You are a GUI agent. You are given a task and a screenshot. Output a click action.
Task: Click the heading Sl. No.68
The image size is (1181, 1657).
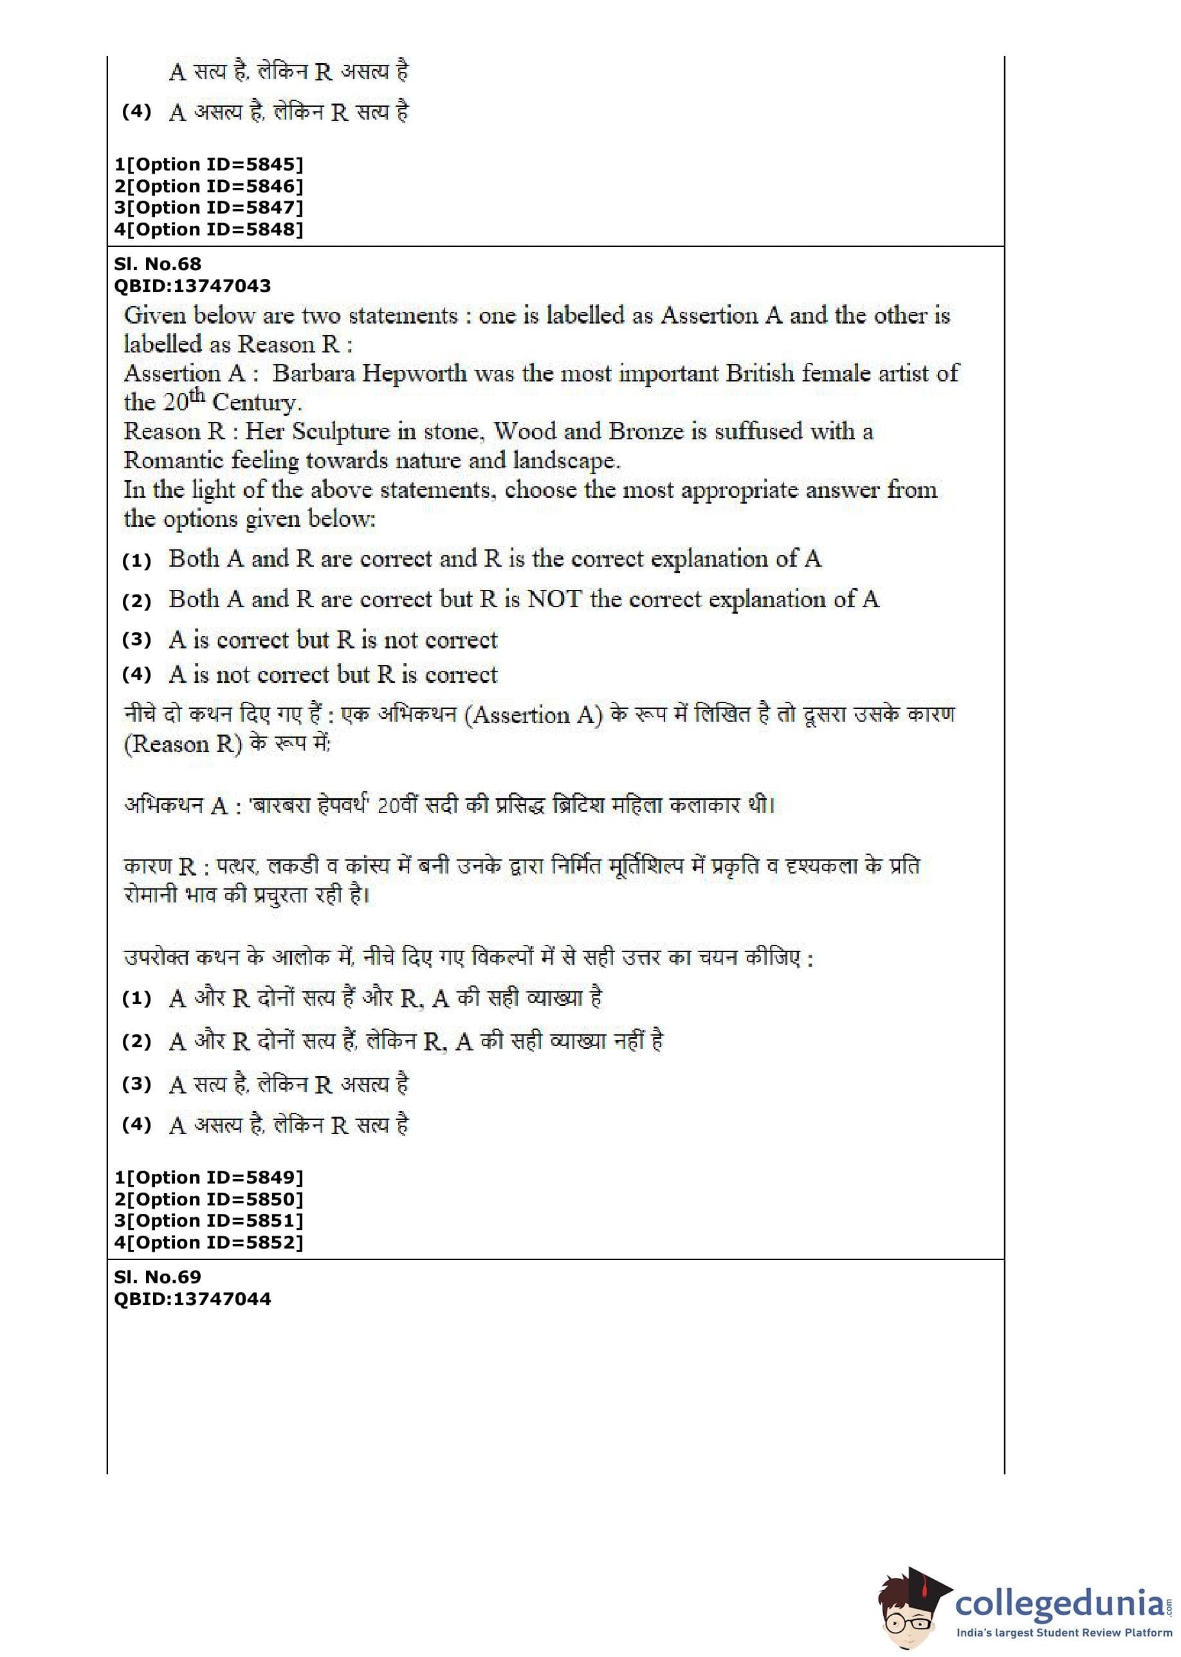click(x=157, y=264)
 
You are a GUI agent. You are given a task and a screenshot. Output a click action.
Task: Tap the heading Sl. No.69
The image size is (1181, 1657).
click(x=157, y=1277)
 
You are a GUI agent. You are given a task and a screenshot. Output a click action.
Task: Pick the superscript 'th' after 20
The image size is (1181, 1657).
click(x=196, y=396)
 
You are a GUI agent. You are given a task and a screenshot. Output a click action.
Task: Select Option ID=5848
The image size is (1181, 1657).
click(x=208, y=229)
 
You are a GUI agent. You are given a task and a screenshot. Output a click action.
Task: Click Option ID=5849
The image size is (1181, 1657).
click(x=208, y=1177)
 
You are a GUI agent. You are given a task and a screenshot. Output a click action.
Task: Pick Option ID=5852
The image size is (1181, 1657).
click(x=208, y=1242)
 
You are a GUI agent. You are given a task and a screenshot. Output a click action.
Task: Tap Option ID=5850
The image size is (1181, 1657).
click(x=208, y=1199)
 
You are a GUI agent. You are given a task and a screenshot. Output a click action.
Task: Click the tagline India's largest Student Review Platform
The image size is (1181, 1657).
click(x=1064, y=1633)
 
